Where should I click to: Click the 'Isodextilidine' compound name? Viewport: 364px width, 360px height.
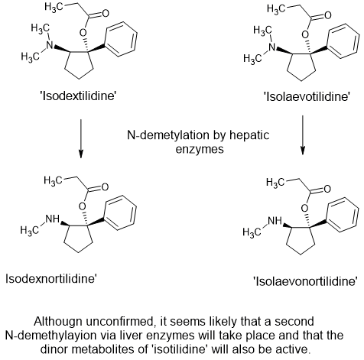tap(78, 96)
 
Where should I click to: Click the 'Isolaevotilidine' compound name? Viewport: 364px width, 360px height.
tap(307, 97)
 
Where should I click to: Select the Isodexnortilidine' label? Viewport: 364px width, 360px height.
tap(51, 279)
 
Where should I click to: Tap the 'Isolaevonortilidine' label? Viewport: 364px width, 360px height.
tap(305, 282)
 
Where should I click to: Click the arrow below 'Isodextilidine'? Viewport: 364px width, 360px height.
tap(80, 138)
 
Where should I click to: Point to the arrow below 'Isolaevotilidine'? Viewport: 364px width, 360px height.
tap(303, 135)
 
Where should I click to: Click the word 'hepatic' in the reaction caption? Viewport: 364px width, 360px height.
tap(249, 135)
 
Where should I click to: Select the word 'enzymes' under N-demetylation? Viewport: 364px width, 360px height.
tap(200, 149)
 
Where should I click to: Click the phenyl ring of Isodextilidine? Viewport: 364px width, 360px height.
tap(122, 39)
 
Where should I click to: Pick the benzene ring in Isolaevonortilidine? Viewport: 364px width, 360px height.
tap(343, 215)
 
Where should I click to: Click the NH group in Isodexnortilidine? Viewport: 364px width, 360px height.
tap(52, 219)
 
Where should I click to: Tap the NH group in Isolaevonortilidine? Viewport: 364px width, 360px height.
tap(275, 221)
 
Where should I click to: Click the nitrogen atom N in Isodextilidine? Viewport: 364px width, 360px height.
tap(50, 45)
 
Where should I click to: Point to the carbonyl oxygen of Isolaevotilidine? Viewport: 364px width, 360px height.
tap(327, 15)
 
